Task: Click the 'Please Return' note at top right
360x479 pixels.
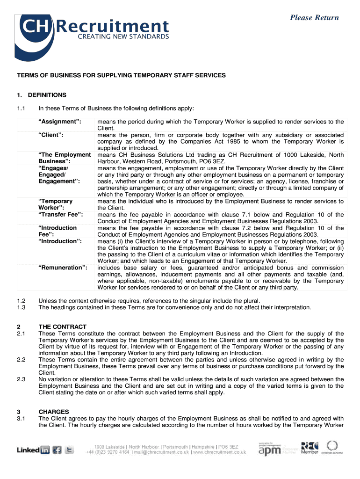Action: [x=314, y=18]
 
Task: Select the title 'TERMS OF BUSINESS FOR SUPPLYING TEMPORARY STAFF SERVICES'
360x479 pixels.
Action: [x=122, y=75]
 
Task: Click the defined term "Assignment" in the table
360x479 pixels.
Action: [x=59, y=122]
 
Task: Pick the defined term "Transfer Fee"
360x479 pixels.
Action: [x=60, y=215]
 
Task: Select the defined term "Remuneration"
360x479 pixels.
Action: [x=63, y=268]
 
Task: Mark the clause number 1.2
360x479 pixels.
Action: [x=21, y=301]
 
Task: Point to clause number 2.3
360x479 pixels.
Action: [x=21, y=379]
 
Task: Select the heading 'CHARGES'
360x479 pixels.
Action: [x=54, y=412]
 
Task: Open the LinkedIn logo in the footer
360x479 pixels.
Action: [x=33, y=450]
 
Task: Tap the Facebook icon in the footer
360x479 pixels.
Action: [x=57, y=450]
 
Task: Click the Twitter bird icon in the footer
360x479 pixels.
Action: [x=70, y=450]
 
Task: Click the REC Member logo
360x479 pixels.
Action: [x=310, y=448]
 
